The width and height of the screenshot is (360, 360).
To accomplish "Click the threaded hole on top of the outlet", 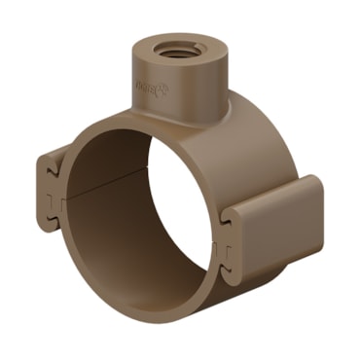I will [x=175, y=50].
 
